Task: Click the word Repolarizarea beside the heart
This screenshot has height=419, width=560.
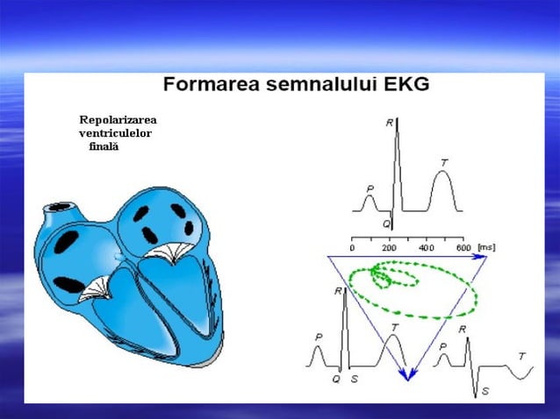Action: click(x=118, y=119)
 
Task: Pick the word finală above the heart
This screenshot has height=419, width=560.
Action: click(x=104, y=146)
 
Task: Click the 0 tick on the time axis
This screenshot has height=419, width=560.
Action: click(x=352, y=248)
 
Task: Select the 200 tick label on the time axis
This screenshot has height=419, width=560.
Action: click(x=389, y=248)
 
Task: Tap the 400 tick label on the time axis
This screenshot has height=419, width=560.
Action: click(x=426, y=248)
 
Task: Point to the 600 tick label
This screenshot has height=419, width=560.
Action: click(x=463, y=248)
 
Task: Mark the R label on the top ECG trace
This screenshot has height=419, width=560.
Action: click(x=389, y=124)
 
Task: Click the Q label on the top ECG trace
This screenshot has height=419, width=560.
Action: click(x=385, y=224)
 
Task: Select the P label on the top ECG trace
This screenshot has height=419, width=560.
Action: click(x=370, y=188)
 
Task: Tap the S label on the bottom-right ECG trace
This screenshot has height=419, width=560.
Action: click(x=485, y=391)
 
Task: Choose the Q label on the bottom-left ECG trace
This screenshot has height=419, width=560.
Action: click(x=335, y=380)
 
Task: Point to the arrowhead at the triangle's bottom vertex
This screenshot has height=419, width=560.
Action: click(x=408, y=375)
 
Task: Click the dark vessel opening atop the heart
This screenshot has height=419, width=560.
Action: click(x=61, y=208)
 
